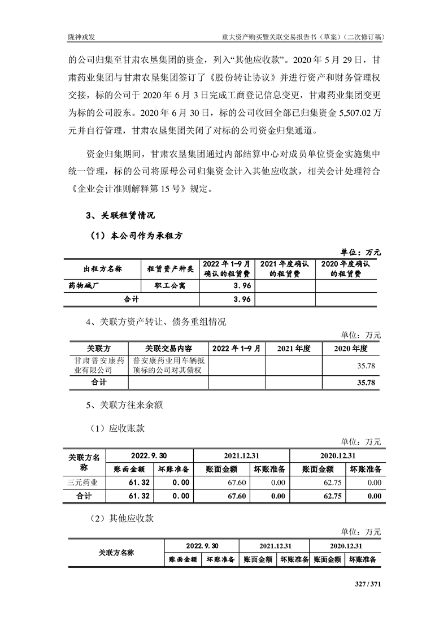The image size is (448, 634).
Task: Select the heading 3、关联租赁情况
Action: [x=120, y=215]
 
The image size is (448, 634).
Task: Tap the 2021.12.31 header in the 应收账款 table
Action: [x=241, y=455]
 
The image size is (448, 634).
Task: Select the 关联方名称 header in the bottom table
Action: [x=116, y=552]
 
